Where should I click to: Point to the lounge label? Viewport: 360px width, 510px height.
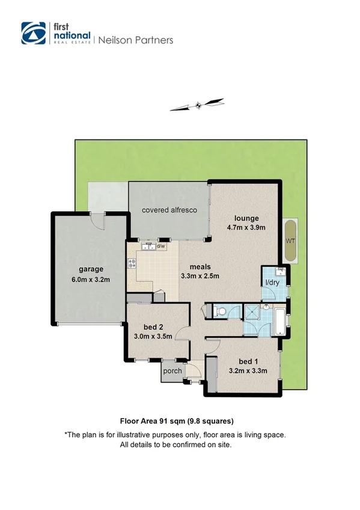point(247,218)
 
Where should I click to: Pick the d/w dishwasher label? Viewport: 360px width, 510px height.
point(160,246)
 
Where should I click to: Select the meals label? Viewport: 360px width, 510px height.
point(200,266)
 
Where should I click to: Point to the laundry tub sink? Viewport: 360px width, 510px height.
point(280,271)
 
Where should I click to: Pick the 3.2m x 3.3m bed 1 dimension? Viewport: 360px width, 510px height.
point(249,370)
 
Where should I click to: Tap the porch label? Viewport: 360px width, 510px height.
point(173,370)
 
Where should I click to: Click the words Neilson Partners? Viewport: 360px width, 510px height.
point(135,40)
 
